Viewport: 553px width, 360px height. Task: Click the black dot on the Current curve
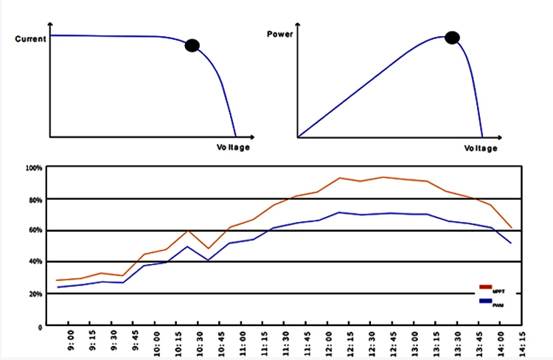tap(192, 46)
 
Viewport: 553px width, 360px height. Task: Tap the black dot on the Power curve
tap(452, 38)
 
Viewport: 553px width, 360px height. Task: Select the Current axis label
tap(31, 38)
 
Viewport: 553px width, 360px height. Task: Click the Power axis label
tap(280, 34)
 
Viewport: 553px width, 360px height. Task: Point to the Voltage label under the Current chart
tap(233, 148)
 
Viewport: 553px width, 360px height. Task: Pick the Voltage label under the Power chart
tap(480, 148)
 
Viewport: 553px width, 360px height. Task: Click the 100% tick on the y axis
tap(35, 168)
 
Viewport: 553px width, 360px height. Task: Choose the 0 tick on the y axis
tap(40, 325)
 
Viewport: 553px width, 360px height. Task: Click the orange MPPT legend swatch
tap(485, 286)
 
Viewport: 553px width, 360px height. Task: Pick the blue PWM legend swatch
tap(485, 300)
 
